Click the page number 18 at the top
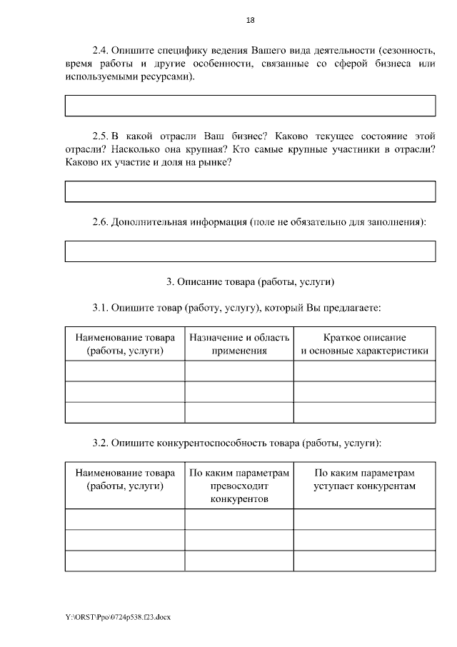(x=250, y=21)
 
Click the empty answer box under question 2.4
(x=250, y=106)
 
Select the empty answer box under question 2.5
(x=250, y=191)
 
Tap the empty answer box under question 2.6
(x=250, y=251)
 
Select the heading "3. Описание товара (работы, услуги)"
(x=250, y=281)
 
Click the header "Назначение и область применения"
(x=239, y=343)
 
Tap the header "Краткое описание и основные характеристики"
(x=364, y=343)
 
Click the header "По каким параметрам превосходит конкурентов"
(x=239, y=486)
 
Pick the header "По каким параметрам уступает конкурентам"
(x=364, y=479)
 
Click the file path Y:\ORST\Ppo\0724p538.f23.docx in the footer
(x=119, y=616)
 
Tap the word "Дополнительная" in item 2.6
(x=153, y=222)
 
